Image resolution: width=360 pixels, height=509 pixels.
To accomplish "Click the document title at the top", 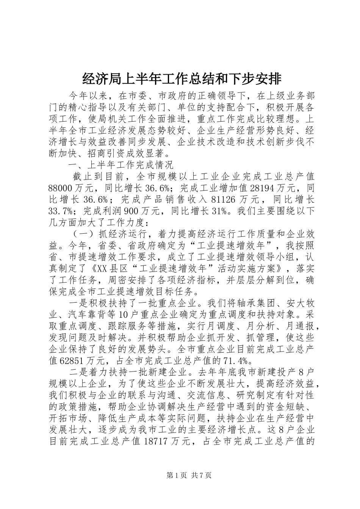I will point(182,79).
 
